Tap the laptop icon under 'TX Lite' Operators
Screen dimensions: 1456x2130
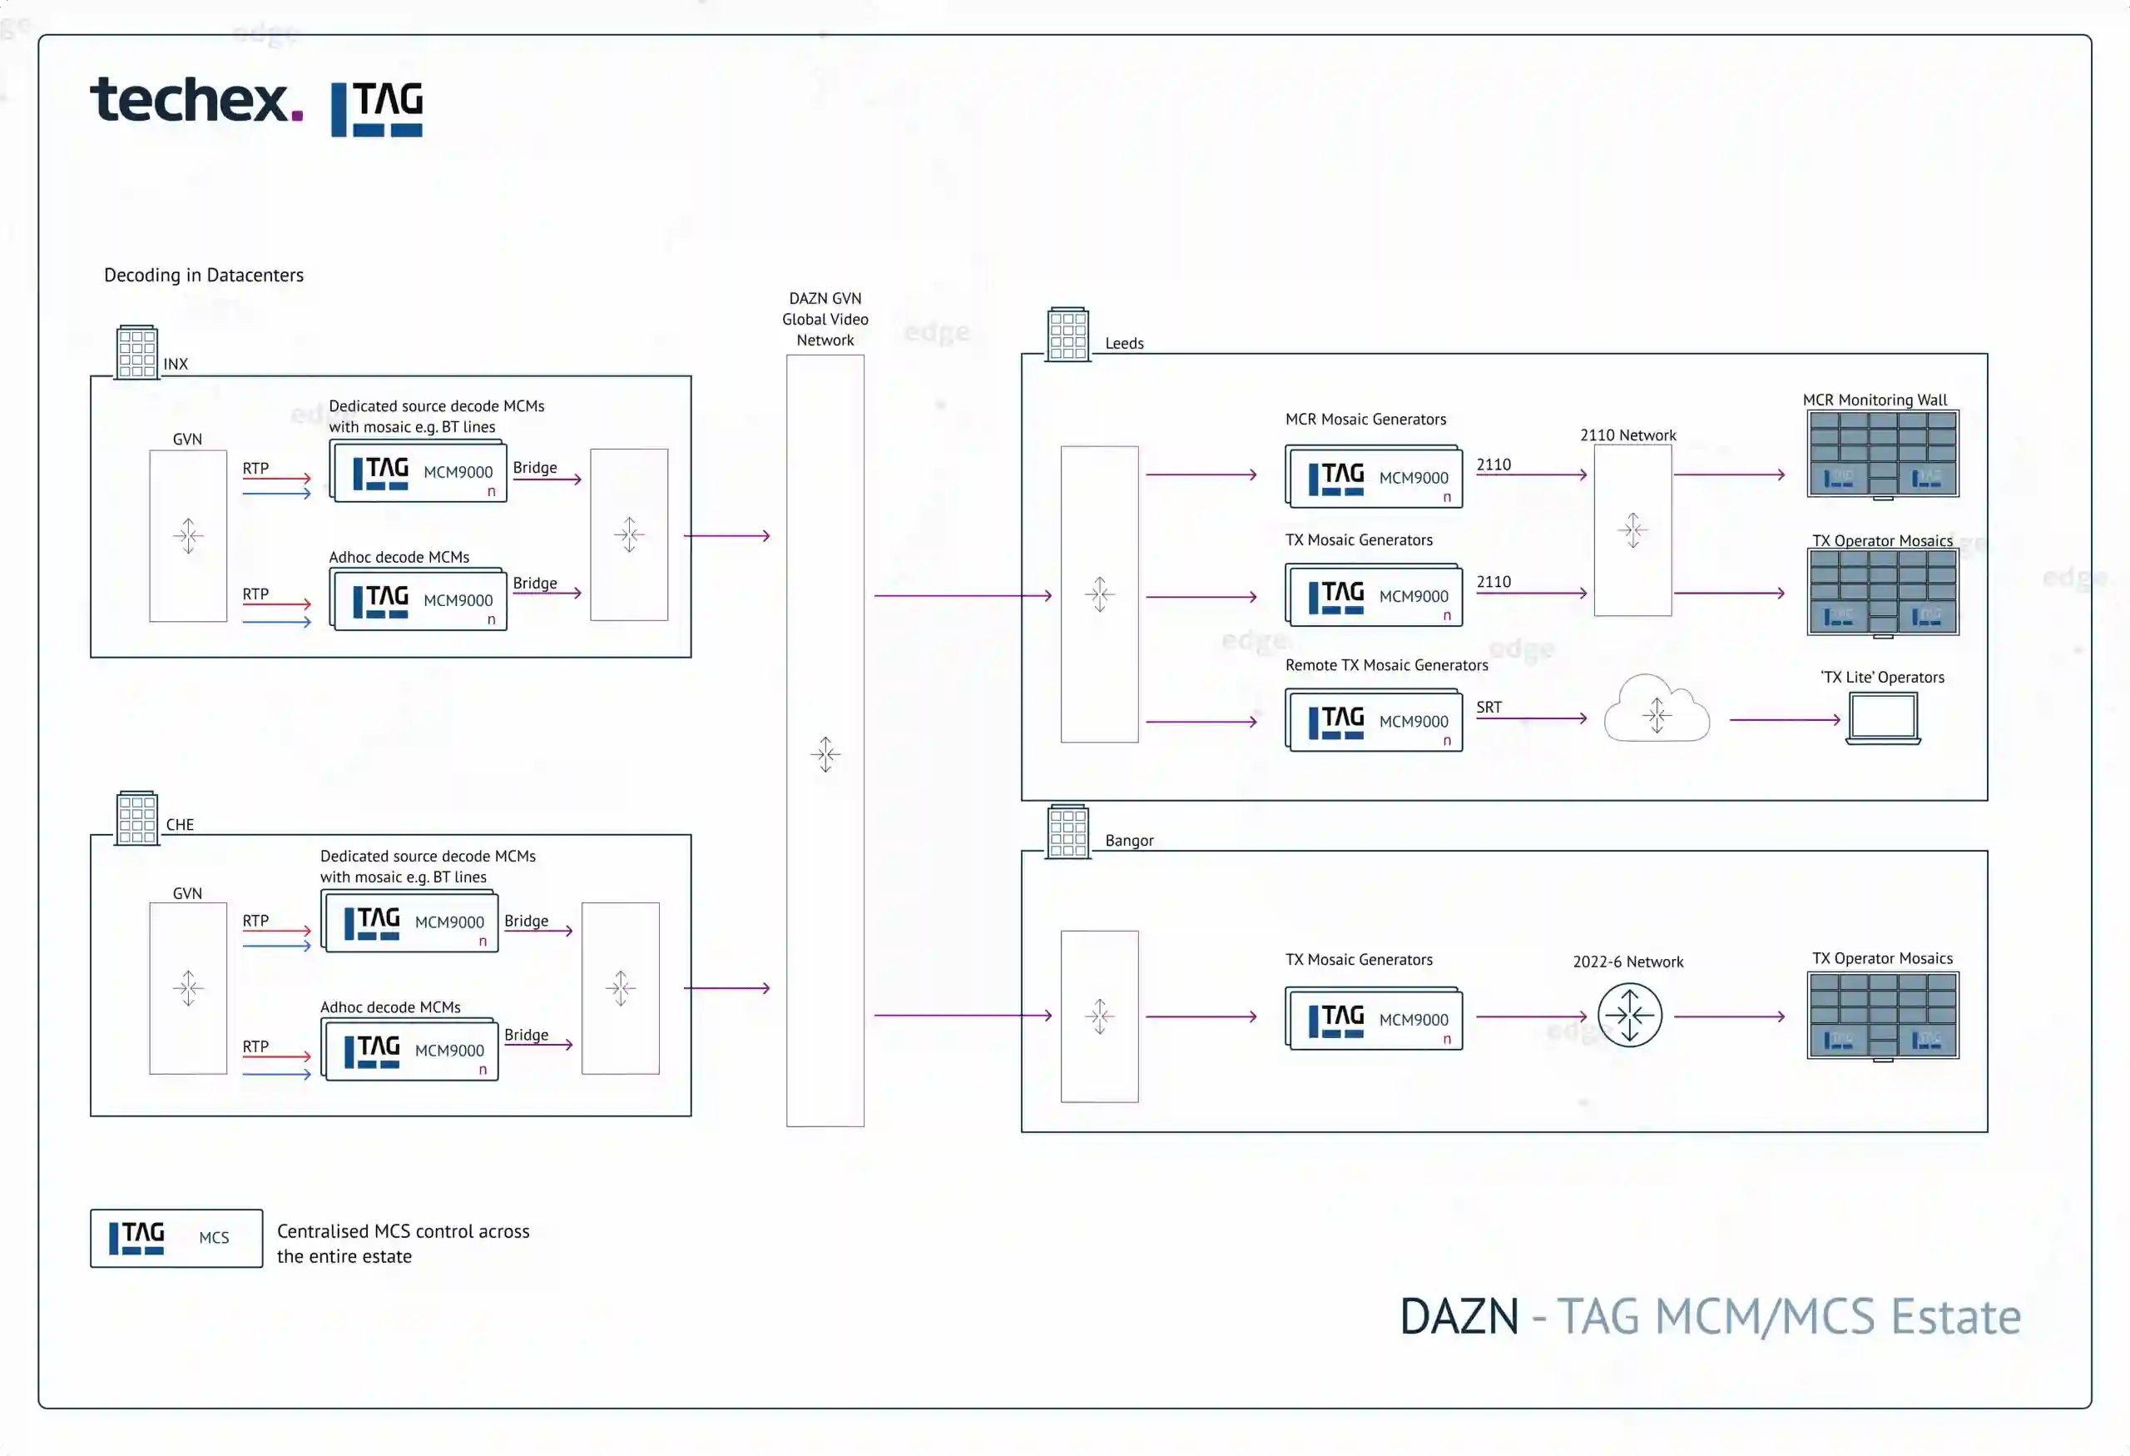tap(1883, 718)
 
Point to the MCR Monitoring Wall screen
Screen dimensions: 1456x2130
tap(1883, 454)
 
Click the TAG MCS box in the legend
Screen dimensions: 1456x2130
tap(176, 1238)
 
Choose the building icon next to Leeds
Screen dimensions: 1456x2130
tap(1067, 335)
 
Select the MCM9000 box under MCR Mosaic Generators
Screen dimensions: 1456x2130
tap(1374, 477)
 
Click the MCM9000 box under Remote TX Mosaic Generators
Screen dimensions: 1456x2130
tap(1374, 722)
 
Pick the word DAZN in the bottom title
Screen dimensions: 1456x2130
tap(1459, 1317)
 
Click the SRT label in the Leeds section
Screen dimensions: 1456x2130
tap(1489, 707)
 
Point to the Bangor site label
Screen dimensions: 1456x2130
tap(1129, 841)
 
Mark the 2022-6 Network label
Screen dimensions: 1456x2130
tap(1627, 962)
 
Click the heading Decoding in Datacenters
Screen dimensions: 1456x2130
tap(204, 275)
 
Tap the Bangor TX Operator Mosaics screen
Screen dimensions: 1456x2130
tap(1883, 1016)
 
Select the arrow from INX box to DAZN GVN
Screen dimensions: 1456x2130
tap(727, 535)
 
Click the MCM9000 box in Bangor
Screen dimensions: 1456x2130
tap(1374, 1019)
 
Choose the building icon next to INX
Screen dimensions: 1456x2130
tap(136, 352)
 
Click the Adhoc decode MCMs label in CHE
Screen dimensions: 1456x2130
tap(390, 1006)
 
